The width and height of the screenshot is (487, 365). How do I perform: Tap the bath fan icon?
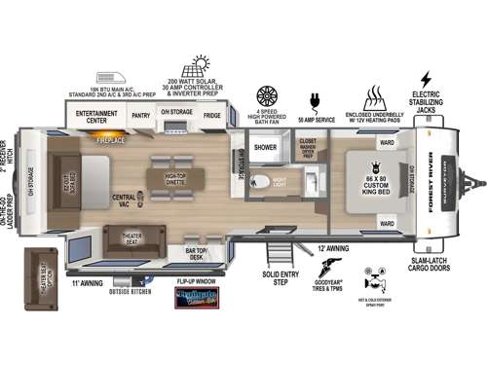click(x=266, y=96)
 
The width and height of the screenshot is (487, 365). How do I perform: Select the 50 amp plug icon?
click(x=313, y=100)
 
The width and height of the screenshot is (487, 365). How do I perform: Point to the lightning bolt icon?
click(x=425, y=79)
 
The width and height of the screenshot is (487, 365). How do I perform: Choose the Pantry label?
click(x=140, y=115)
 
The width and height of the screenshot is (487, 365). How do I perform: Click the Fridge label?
click(x=212, y=115)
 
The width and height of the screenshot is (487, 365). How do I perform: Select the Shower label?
click(x=266, y=148)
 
